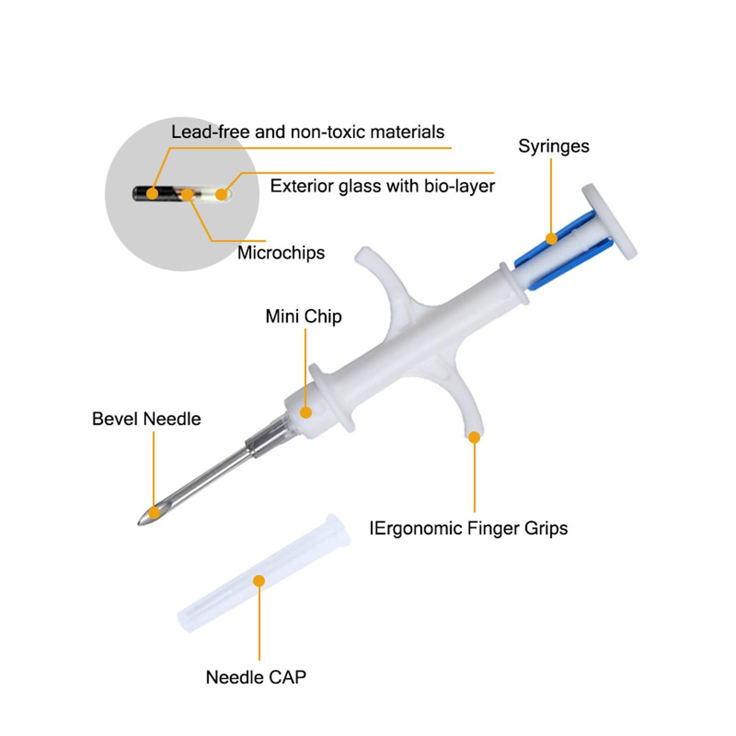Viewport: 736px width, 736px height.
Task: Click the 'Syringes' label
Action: pyautogui.click(x=553, y=146)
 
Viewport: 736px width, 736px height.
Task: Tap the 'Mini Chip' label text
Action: pyautogui.click(x=304, y=316)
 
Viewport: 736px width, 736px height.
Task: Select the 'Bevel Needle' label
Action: pyautogui.click(x=146, y=419)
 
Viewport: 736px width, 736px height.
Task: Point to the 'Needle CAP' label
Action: pyautogui.click(x=256, y=677)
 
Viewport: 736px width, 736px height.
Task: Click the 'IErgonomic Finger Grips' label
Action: pyautogui.click(x=468, y=528)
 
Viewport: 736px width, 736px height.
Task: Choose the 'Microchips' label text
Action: pyautogui.click(x=281, y=253)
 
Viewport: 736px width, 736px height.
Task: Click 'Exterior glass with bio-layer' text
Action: pyautogui.click(x=382, y=186)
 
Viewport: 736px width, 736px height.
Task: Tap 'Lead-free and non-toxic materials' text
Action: pyautogui.click(x=308, y=132)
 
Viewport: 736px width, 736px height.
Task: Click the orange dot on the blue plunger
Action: pyautogui.click(x=552, y=238)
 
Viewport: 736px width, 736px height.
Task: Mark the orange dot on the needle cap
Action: pyautogui.click(x=259, y=581)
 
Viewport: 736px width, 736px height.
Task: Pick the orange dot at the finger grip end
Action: pyautogui.click(x=474, y=437)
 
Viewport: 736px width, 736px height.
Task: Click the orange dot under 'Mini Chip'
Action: pyautogui.click(x=306, y=412)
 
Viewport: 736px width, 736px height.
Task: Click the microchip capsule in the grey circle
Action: pyautogui.click(x=182, y=194)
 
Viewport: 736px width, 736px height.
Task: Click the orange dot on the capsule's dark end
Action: pyautogui.click(x=152, y=193)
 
